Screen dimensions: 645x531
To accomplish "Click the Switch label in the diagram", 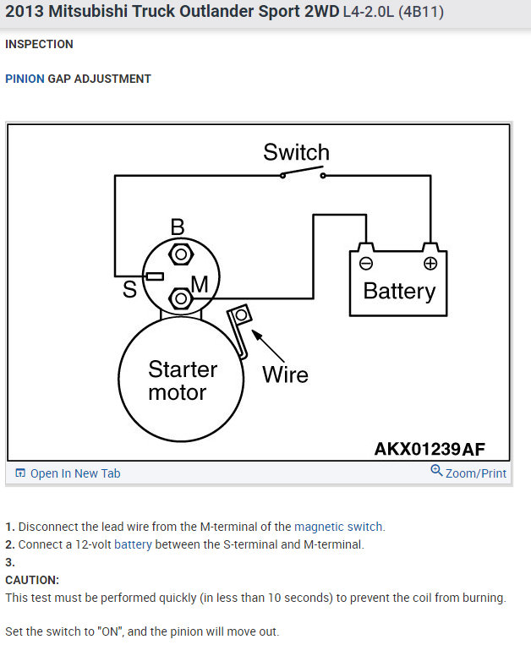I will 296,153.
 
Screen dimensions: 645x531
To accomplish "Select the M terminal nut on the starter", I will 179,298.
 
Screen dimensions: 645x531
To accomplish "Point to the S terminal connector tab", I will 154,276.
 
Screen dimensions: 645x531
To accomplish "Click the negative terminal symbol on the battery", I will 365,263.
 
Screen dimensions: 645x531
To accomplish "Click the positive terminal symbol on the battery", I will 430,263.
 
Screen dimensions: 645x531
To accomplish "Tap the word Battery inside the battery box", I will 398,292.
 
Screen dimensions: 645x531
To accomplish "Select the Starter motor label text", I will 182,380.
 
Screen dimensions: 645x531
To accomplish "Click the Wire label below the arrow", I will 285,374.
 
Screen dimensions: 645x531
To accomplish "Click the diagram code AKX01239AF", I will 430,448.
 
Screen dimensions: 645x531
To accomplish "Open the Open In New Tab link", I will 68,473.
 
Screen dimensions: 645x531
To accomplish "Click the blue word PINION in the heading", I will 25,79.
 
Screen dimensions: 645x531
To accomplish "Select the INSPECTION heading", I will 39,44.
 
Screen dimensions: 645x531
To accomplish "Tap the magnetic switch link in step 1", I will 338,527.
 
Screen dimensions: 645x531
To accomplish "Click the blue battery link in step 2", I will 133,544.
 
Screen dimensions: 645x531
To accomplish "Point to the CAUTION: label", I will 32,580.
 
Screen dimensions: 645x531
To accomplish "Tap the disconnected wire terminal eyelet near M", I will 241,315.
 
